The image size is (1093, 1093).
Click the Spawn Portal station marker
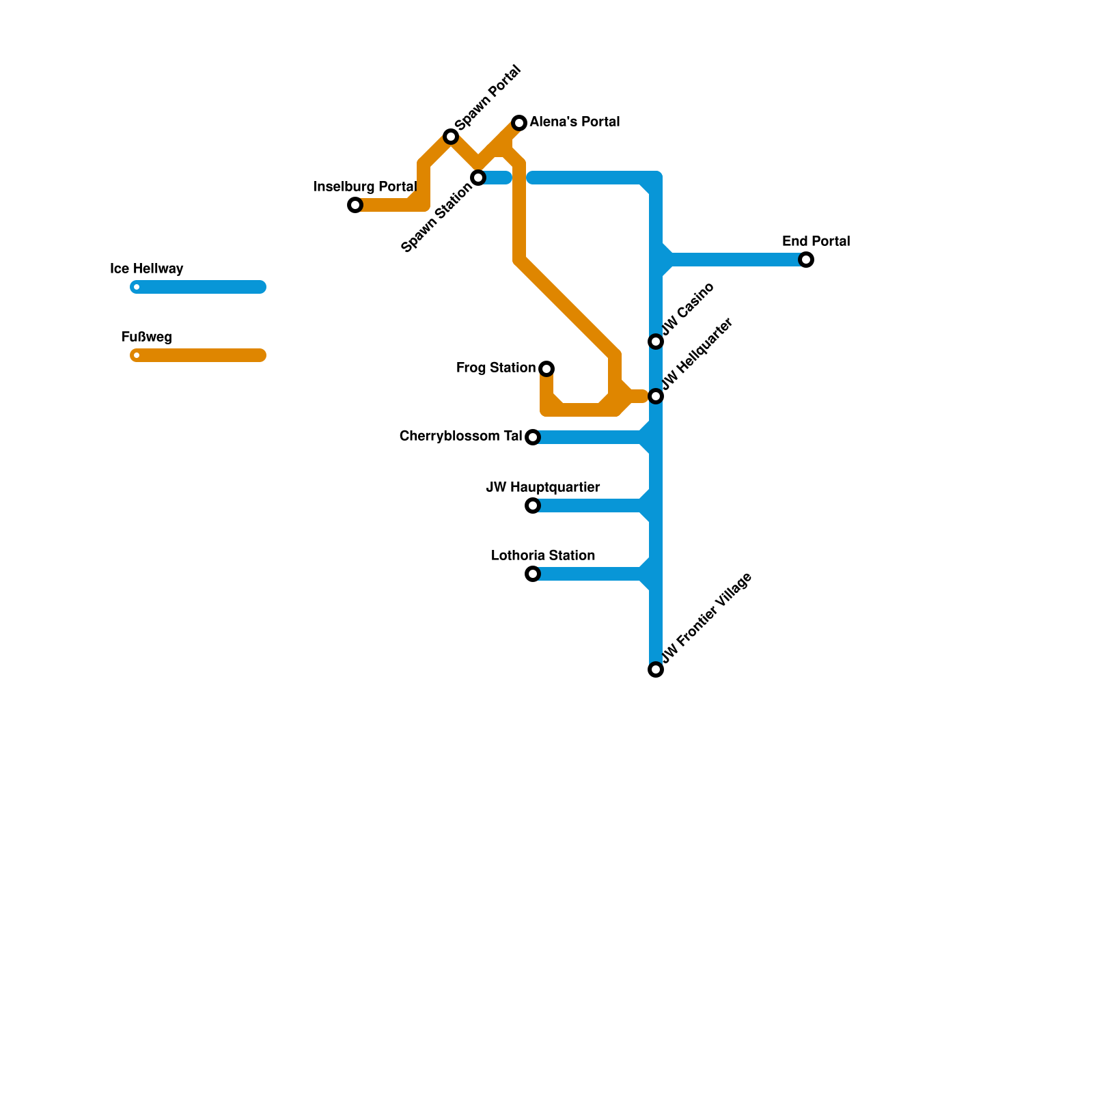pos(451,137)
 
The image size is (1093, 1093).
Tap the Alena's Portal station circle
pos(519,123)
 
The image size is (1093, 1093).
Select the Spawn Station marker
pos(478,178)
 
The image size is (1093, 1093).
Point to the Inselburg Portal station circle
pos(355,205)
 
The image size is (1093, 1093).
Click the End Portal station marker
pos(806,260)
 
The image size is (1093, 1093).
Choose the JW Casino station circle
pos(656,342)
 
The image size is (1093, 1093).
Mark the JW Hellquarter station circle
pos(656,396)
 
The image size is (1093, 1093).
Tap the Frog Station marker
pos(546,369)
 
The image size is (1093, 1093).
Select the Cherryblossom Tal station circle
pos(533,437)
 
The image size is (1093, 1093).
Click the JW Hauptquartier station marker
pos(533,506)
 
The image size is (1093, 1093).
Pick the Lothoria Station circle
pos(533,574)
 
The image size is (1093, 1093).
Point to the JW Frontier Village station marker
pos(656,669)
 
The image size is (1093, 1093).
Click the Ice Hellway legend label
pos(147,269)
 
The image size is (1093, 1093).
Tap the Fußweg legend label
pos(147,337)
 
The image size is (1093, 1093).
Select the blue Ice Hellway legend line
pos(198,287)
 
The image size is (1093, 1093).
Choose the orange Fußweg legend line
pos(198,355)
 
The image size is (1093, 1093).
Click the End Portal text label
pos(816,242)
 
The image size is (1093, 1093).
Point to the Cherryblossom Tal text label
pos(460,437)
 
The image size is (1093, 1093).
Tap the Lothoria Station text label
pos(543,556)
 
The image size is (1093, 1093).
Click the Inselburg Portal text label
pos(365,187)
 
